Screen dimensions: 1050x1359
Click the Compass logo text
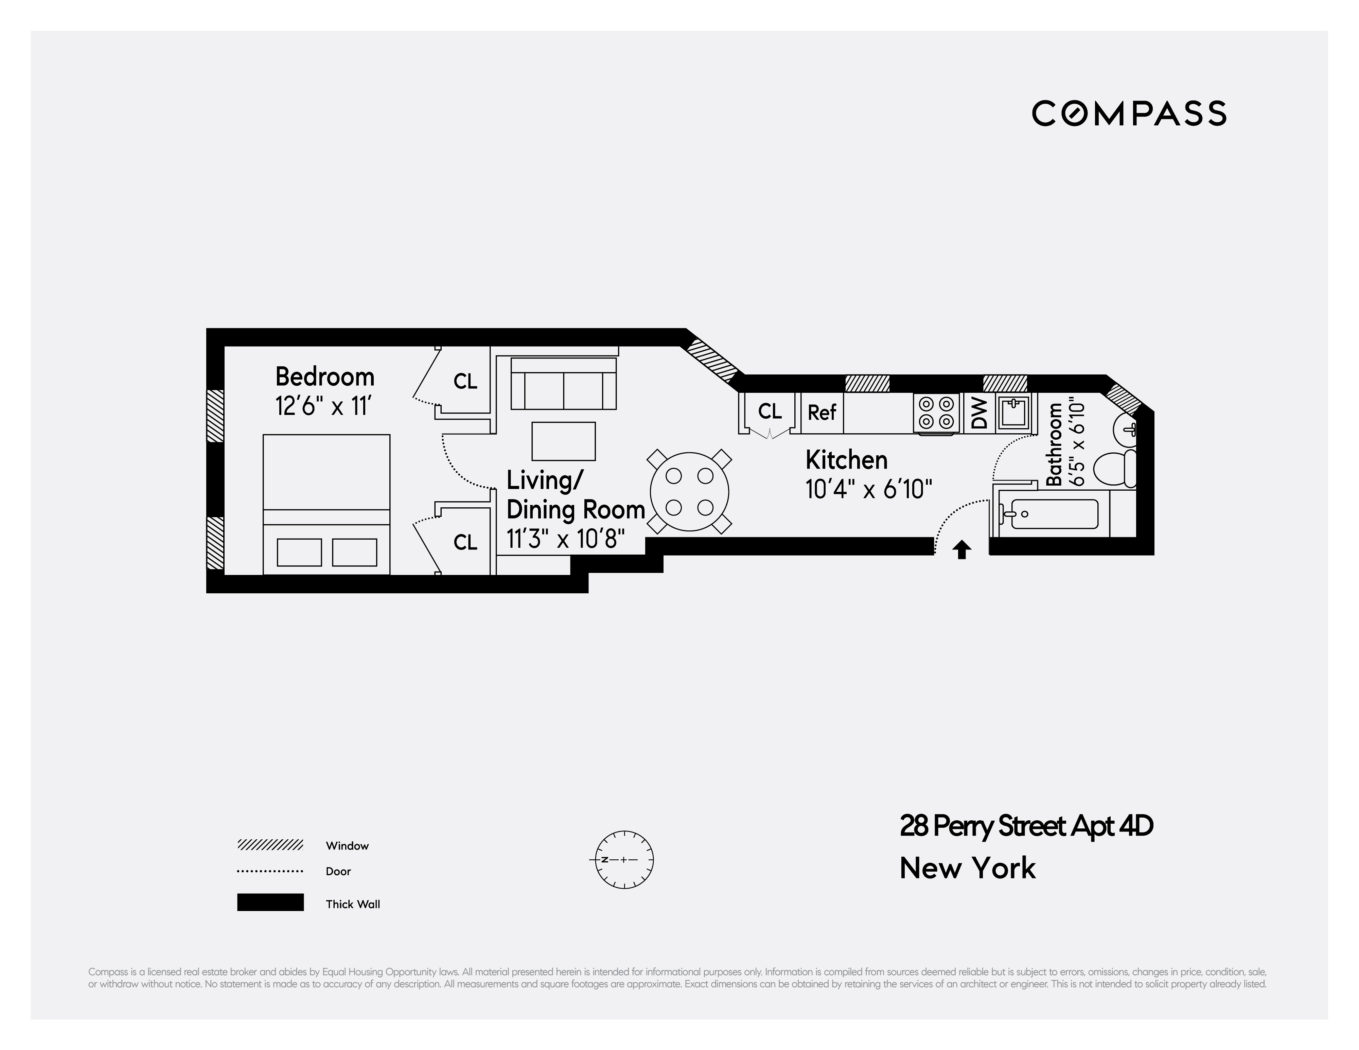coord(1129,114)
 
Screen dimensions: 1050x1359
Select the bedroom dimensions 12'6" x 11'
coord(323,406)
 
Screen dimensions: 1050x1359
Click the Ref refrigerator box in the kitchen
coord(822,412)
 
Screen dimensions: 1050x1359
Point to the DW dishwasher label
coord(979,413)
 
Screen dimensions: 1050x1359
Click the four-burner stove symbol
coord(936,412)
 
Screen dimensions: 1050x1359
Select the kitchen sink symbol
coord(1013,412)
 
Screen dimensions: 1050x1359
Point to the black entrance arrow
coord(962,549)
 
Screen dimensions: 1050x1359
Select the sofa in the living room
coord(564,383)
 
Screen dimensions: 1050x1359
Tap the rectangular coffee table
coord(563,441)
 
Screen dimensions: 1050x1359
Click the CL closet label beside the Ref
coord(770,412)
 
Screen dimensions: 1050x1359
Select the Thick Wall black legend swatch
coord(270,903)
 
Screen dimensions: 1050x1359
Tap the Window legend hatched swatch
coord(270,845)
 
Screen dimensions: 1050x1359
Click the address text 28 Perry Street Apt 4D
coord(1026,826)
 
